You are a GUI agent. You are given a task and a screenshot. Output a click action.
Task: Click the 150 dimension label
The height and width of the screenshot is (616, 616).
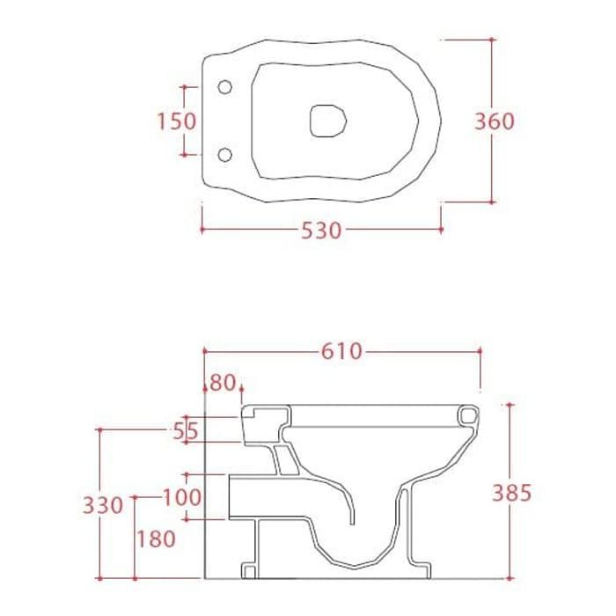(x=176, y=121)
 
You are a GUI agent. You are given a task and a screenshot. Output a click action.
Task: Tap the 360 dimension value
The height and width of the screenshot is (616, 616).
(x=495, y=121)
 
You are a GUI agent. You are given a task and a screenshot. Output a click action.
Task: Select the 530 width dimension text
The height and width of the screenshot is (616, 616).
(x=321, y=231)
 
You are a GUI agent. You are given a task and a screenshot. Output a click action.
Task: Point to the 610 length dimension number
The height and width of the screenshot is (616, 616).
(x=341, y=351)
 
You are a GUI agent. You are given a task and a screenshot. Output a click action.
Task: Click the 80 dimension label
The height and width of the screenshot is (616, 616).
(x=223, y=383)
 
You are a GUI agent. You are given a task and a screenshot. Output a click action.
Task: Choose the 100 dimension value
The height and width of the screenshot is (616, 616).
(x=182, y=497)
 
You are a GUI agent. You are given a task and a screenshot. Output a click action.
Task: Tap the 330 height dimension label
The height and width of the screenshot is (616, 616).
(x=103, y=505)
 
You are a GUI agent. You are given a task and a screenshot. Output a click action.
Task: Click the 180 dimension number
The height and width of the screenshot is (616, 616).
(x=156, y=539)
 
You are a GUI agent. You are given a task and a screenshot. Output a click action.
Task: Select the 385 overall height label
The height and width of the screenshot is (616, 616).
(x=512, y=493)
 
